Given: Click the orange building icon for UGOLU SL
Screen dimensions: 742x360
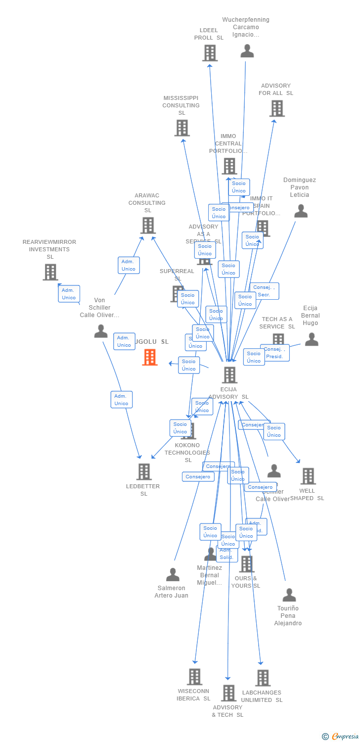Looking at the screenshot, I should (x=150, y=357).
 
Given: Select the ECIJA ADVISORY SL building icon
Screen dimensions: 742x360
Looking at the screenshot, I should (x=229, y=375).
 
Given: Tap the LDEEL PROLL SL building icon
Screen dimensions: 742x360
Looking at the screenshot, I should (x=210, y=53).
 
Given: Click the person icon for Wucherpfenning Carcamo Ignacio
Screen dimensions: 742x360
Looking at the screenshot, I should (x=247, y=51).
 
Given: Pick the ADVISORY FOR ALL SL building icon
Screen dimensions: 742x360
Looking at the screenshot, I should (x=277, y=108).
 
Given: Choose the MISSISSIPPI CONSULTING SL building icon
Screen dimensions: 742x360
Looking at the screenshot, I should (x=182, y=128).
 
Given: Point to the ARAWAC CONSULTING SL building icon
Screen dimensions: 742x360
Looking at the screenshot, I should (x=148, y=226).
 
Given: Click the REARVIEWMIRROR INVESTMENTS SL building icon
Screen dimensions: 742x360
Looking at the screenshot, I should (x=50, y=272).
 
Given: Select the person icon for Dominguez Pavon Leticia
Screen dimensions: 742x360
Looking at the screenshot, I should (x=301, y=211).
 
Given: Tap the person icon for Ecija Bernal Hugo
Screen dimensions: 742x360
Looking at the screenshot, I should (x=312, y=339).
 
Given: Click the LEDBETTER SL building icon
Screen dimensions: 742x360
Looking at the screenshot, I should (x=144, y=472).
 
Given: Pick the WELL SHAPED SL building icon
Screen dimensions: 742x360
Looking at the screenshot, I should (x=308, y=476).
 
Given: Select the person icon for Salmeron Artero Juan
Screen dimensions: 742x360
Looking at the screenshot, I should (x=173, y=575).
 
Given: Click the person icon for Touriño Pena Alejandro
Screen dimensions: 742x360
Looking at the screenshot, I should (x=289, y=595).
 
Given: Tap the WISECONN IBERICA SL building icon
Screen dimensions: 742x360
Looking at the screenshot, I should (x=195, y=677).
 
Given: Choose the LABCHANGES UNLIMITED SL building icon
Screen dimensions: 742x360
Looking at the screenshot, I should (x=263, y=678).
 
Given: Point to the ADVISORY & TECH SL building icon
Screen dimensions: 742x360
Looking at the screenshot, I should (x=228, y=694).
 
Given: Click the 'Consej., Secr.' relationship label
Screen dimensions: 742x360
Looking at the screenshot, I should (x=264, y=291).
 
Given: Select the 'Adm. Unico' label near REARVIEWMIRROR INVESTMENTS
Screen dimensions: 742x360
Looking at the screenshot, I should (x=69, y=294).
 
